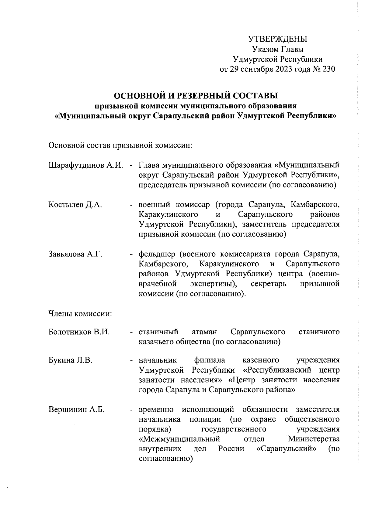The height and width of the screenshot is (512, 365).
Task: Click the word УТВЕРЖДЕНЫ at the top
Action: pos(278,39)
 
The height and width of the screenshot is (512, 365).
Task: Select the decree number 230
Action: pos(328,69)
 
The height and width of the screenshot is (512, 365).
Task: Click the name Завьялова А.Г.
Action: pos(75,254)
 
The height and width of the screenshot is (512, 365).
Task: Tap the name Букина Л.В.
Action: pos(70,360)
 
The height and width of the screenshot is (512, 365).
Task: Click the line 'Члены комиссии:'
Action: pos(80,313)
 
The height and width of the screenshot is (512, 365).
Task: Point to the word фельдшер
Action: pos(157,254)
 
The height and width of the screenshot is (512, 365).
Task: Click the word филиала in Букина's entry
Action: pos(210,360)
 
